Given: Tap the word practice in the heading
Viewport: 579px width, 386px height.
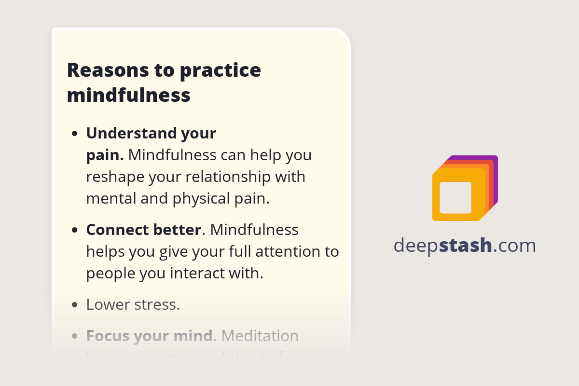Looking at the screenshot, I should pos(221,70).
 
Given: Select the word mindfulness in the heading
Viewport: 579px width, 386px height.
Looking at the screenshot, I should pos(129,95).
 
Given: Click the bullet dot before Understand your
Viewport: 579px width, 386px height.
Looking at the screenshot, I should pos(74,134).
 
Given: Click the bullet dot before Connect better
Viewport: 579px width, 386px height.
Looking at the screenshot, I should pos(74,230).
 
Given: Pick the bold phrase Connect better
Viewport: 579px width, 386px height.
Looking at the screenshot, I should pos(143,230).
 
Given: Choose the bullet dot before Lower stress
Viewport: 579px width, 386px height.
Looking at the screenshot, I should pos(74,305).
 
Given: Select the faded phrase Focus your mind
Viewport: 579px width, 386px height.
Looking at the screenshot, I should pos(149,335).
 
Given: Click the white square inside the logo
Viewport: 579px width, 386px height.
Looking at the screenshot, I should pos(455,198).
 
